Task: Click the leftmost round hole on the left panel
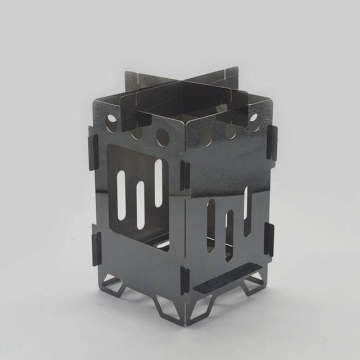(x=112, y=120)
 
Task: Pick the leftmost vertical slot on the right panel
(x=210, y=226)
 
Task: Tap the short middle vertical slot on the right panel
(x=229, y=234)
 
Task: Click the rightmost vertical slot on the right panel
(x=247, y=211)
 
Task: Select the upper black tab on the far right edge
(x=272, y=141)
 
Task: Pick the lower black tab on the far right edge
(x=269, y=238)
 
